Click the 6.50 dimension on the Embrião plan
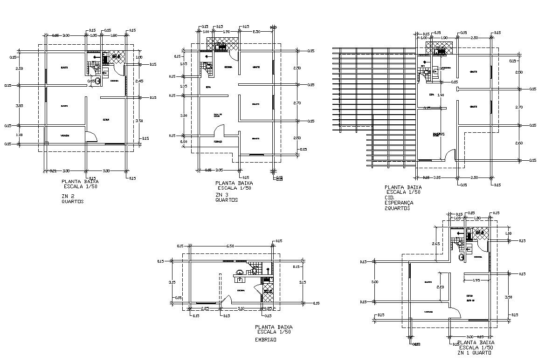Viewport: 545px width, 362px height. point(230,246)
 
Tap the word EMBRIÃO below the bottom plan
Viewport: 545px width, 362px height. point(266,340)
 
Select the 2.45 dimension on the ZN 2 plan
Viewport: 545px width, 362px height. point(139,82)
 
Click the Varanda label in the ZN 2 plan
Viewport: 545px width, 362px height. point(65,136)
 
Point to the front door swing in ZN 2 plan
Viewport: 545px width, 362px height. point(92,137)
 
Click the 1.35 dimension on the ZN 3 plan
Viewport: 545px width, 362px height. point(184,86)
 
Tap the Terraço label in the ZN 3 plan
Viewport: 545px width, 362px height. point(217,141)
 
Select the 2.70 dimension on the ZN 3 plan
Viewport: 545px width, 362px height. point(297,103)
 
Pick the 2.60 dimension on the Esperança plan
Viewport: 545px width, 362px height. point(519,143)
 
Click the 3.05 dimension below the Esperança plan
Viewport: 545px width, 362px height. point(436,178)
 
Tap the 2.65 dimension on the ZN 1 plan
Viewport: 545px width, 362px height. point(436,244)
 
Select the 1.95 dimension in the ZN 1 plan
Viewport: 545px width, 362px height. point(476,280)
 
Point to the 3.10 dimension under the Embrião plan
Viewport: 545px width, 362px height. point(241,308)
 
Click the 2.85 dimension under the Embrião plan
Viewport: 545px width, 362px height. point(205,308)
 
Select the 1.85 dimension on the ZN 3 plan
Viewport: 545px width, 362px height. point(184,64)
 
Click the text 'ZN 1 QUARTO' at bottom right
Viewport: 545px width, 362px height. point(475,353)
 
